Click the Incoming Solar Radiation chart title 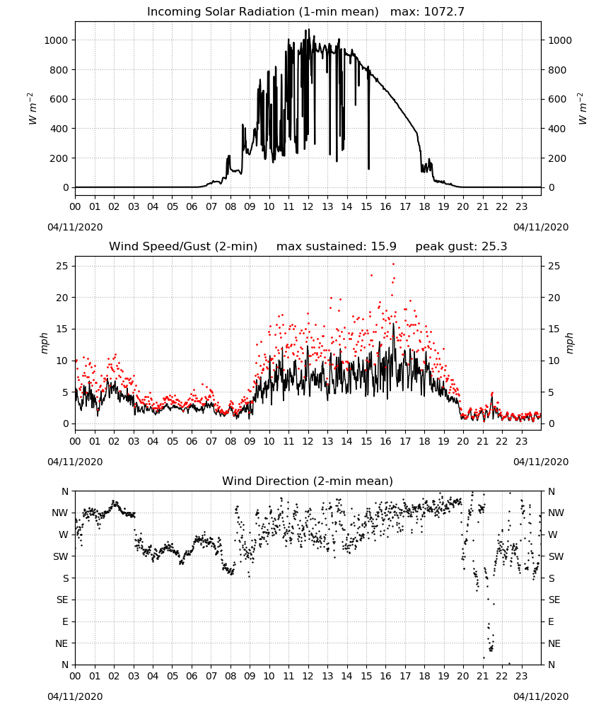tap(263, 12)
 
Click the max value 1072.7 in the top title tap(444, 12)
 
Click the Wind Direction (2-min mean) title tap(308, 481)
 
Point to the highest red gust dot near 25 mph tap(393, 264)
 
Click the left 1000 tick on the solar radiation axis tap(57, 40)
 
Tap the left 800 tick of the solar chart tap(59, 70)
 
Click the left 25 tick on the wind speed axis tap(62, 266)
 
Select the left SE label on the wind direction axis tap(63, 600)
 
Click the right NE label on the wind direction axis tap(554, 643)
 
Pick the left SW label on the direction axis tap(61, 556)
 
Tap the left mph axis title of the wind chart tap(44, 343)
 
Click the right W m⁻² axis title tap(582, 109)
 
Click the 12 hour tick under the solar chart tap(308, 207)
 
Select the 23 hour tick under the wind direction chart tap(522, 676)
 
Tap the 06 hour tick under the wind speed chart tap(192, 441)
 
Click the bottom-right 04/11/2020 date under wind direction tap(541, 696)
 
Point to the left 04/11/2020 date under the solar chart tap(75, 227)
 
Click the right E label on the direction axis tap(551, 621)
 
